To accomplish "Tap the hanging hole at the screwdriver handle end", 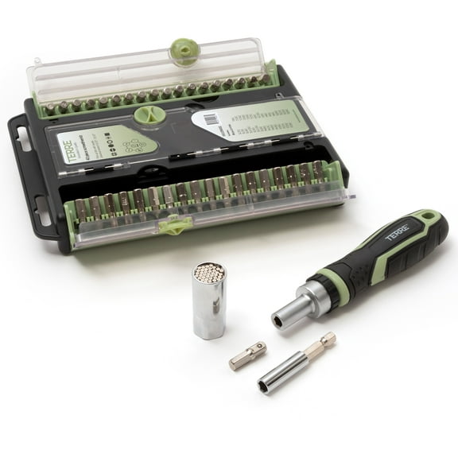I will (x=430, y=218).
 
